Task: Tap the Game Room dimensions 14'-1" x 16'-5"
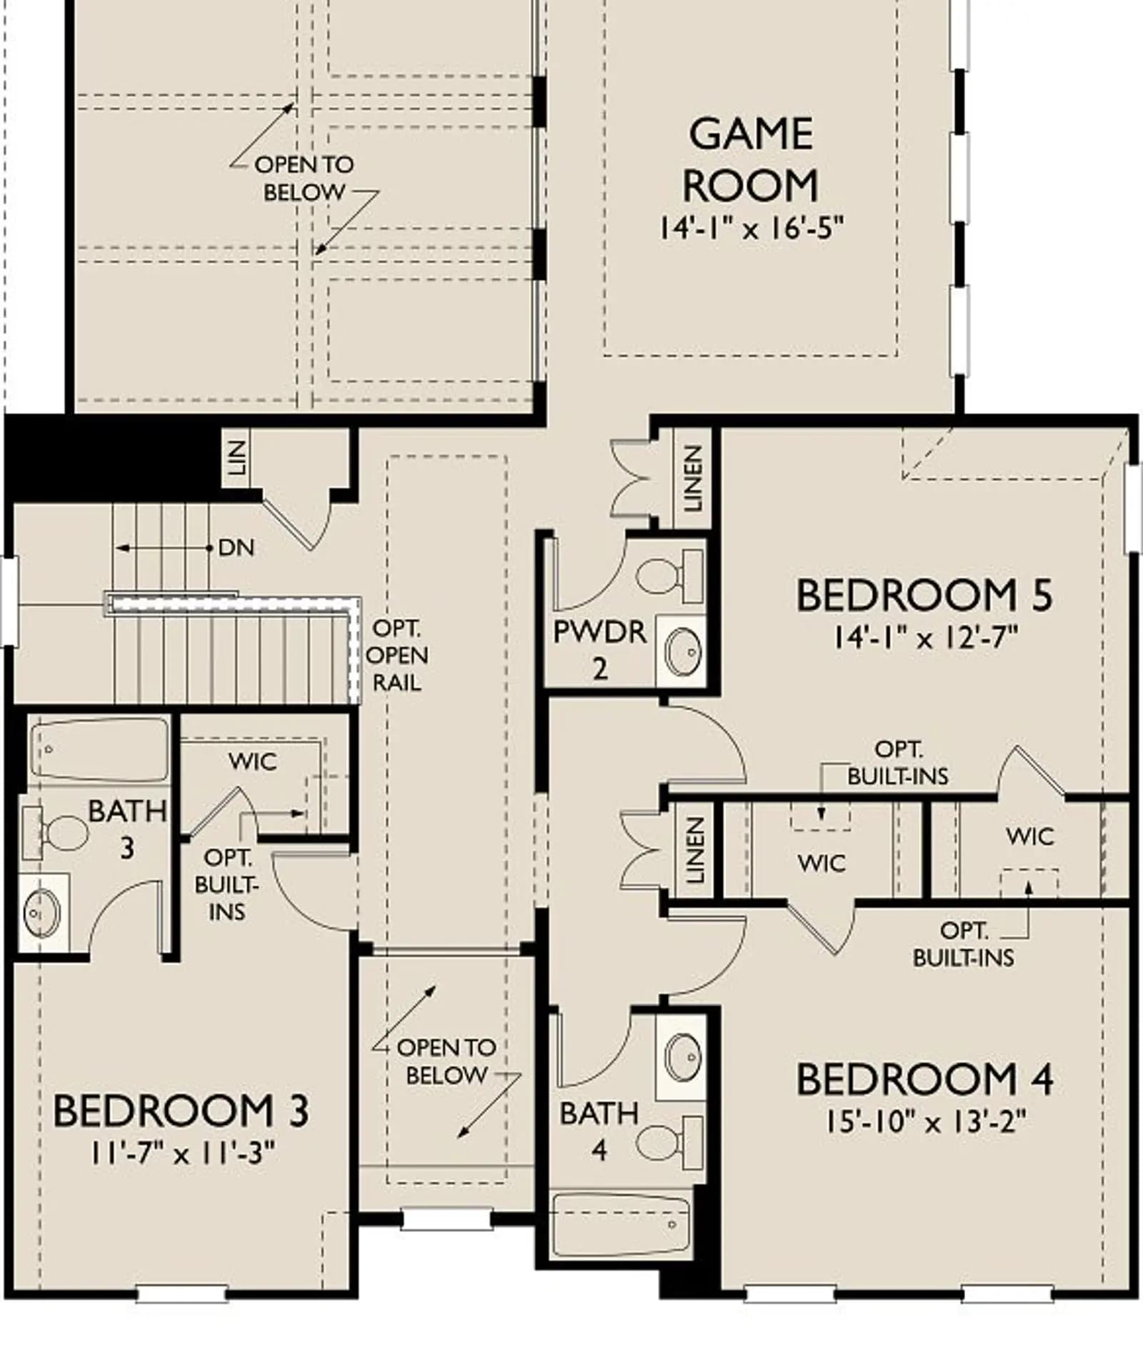751,229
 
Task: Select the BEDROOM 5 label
924,595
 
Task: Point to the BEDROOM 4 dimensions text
926,1122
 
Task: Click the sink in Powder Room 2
682,650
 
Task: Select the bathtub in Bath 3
99,749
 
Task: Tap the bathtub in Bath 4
622,1226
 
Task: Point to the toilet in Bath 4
669,1143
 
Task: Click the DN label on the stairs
236,548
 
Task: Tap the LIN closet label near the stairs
237,459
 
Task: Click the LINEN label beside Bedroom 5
692,479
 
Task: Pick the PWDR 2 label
600,650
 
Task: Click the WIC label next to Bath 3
253,761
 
